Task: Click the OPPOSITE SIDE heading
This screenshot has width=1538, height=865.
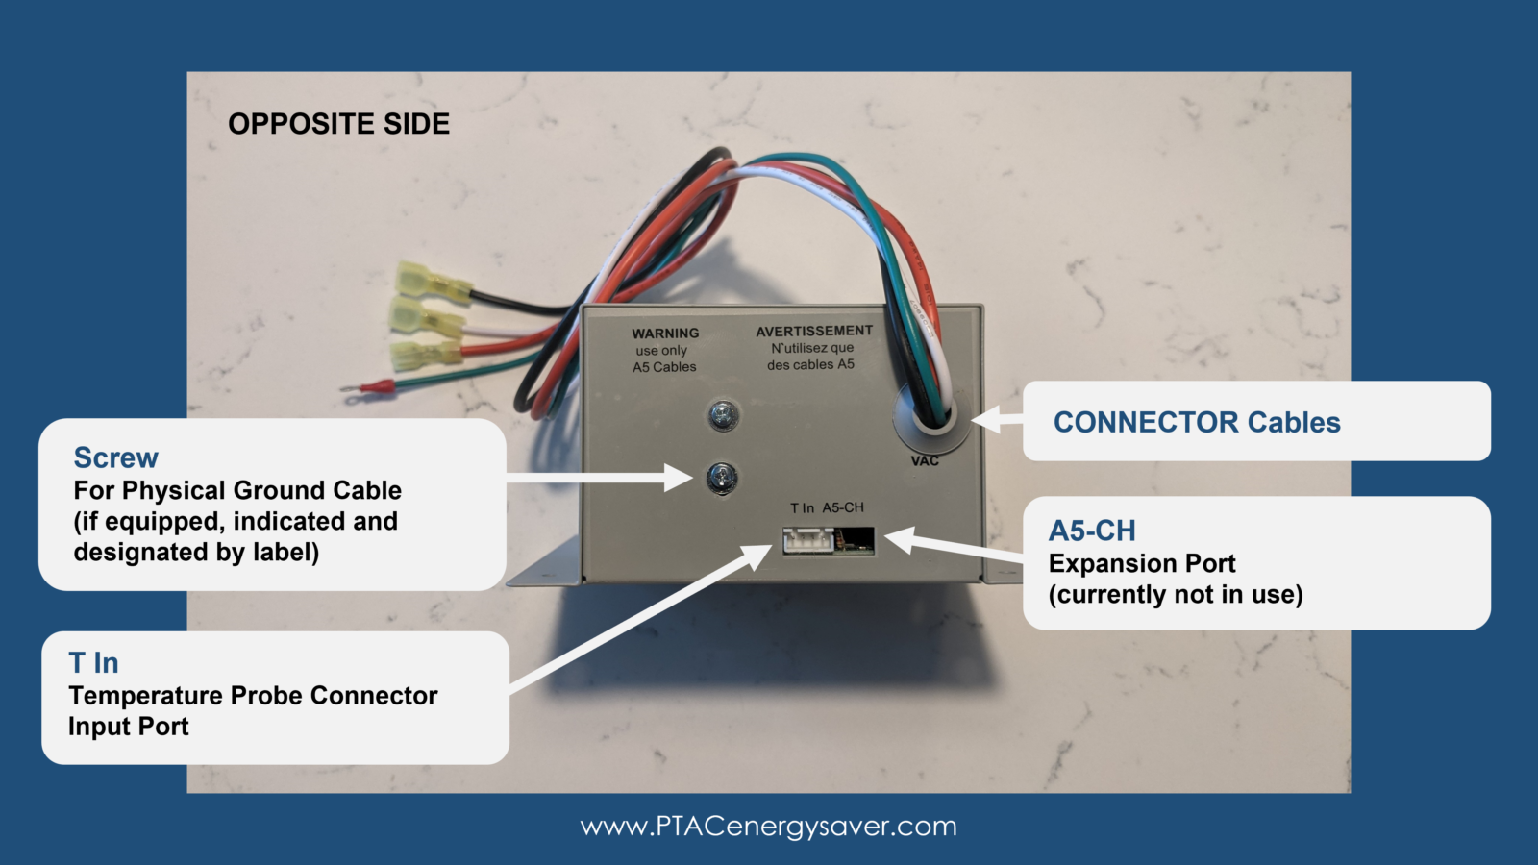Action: [338, 124]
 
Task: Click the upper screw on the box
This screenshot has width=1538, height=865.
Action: [723, 415]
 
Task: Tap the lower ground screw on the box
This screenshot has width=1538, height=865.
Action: [722, 476]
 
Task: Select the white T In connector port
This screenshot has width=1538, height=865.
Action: [807, 542]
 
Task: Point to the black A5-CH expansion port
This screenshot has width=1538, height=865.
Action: [855, 540]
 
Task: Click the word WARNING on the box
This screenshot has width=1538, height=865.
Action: [665, 334]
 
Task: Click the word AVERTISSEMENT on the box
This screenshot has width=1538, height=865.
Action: [814, 331]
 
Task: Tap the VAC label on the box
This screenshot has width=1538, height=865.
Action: [925, 461]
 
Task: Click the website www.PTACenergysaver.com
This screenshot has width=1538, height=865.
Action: [769, 827]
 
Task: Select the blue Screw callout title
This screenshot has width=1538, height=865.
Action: [115, 457]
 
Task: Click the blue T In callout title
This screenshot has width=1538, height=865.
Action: [93, 663]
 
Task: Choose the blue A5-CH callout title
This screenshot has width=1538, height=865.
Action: [1092, 531]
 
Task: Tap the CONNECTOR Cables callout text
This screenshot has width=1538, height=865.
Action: [1197, 422]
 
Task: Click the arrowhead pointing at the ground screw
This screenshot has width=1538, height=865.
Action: [681, 477]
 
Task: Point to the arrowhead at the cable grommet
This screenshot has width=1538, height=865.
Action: [984, 419]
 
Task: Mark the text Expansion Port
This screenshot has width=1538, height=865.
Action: [1142, 563]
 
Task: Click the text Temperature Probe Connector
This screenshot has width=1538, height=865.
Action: [253, 695]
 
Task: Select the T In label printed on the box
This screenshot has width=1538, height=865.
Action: [802, 507]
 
